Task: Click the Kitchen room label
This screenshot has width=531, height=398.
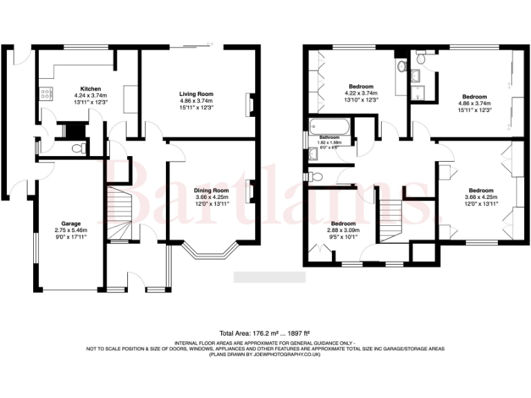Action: pos(91,89)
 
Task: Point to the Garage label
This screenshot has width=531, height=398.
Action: pos(71,224)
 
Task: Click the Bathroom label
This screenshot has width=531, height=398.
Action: pos(329,138)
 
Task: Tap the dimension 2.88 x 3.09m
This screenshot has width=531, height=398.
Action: pos(342,230)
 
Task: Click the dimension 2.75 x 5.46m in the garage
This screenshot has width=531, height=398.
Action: pos(71,230)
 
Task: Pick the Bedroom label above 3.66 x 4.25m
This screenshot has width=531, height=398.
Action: pos(481,190)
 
